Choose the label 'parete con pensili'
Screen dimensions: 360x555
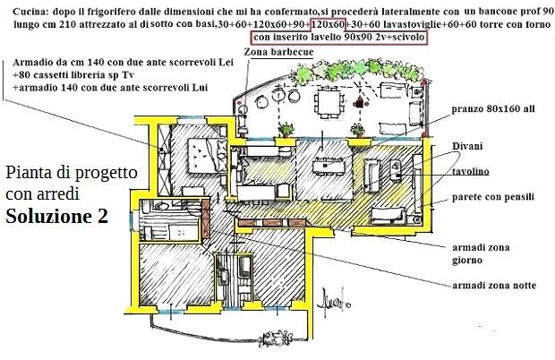point(493,195)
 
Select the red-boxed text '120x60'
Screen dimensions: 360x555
point(328,23)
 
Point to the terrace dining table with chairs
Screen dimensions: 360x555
point(331,106)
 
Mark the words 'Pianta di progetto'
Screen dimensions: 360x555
point(71,173)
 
